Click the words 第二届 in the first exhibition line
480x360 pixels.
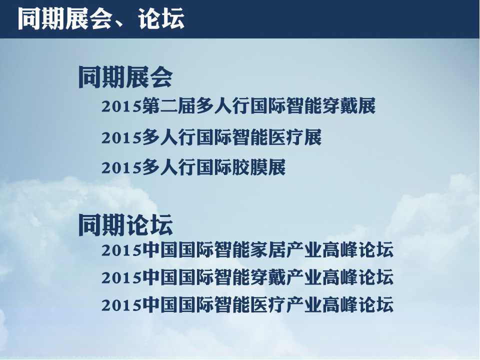click(168, 106)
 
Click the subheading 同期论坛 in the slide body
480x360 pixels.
click(126, 225)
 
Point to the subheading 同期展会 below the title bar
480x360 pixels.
click(126, 77)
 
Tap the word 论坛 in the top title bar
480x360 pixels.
click(161, 18)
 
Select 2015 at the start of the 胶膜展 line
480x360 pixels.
click(121, 168)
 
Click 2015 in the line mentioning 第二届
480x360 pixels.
click(121, 107)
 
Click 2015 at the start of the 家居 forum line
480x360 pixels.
click(121, 250)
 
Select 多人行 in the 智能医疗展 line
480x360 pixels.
click(168, 137)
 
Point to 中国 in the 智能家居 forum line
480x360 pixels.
click(160, 250)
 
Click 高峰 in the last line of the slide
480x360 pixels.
click(340, 305)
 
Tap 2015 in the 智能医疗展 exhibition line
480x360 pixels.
click(121, 137)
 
